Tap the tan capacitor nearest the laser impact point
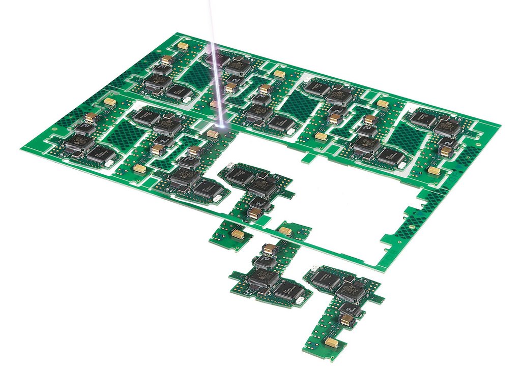pos(213,134)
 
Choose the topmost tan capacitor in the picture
pos(183,46)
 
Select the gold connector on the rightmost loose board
pos(346,320)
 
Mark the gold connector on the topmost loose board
pos(254,213)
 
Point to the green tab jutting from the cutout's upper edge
pos(307,158)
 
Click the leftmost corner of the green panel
pos(21,147)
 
